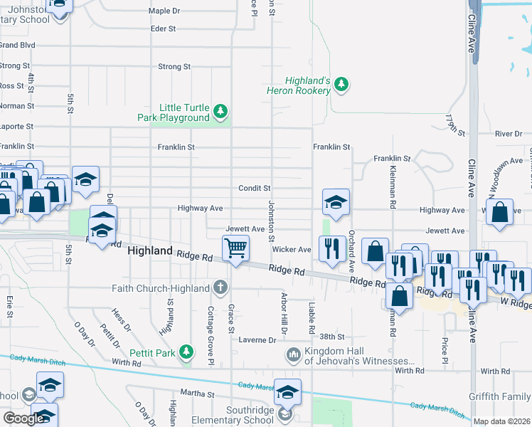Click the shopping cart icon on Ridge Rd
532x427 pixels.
tap(235, 248)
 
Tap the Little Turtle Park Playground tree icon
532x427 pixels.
tap(221, 110)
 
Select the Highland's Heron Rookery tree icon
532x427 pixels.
tap(342, 84)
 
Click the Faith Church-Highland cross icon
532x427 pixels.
tap(220, 288)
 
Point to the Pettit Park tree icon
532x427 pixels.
tap(186, 352)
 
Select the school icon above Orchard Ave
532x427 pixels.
tap(336, 202)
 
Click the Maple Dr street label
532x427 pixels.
tap(164, 11)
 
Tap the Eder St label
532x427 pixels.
tap(163, 28)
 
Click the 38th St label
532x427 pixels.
tap(331, 337)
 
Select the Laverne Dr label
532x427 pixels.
tap(257, 340)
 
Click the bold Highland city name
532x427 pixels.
tap(149, 251)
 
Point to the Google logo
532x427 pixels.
tap(23, 419)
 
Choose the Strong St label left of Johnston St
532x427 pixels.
tap(174, 66)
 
